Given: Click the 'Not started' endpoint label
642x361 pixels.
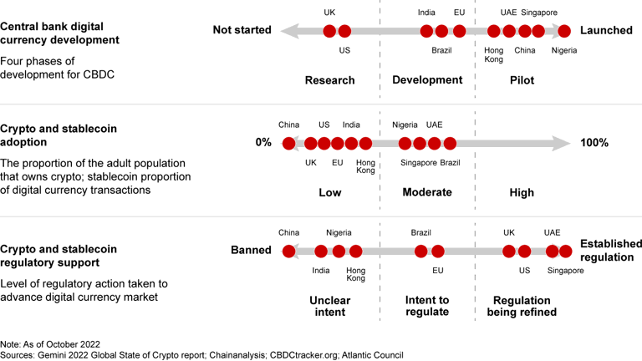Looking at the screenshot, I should pos(242,30).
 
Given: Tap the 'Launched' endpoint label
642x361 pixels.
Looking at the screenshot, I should pos(606,30).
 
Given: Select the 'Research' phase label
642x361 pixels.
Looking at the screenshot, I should pos(330,80).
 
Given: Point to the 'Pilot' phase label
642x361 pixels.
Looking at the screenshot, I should pos(522,80).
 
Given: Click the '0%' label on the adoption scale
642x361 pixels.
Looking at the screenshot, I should pos(263,143).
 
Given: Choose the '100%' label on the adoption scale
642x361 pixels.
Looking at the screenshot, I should pos(594,143).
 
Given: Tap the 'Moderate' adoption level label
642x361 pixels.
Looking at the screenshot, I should pos(427,192).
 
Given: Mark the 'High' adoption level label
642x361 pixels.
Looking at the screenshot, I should pos(522,192).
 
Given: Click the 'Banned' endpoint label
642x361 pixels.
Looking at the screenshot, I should pos(251,250).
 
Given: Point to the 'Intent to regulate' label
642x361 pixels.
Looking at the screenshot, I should pos(427,306).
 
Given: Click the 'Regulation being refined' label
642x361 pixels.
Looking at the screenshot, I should pos(522,306).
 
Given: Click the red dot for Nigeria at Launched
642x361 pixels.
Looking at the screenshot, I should pos(564,31).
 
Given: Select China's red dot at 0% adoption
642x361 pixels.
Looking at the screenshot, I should pos(289,143).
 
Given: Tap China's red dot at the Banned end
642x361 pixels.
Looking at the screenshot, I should pos(289,250).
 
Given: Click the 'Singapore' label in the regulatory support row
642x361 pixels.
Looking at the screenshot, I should pos(565,271).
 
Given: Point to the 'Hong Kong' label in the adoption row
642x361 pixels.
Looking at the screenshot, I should pos(365,165).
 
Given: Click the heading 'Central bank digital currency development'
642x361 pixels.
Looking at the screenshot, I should pos(59,33).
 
